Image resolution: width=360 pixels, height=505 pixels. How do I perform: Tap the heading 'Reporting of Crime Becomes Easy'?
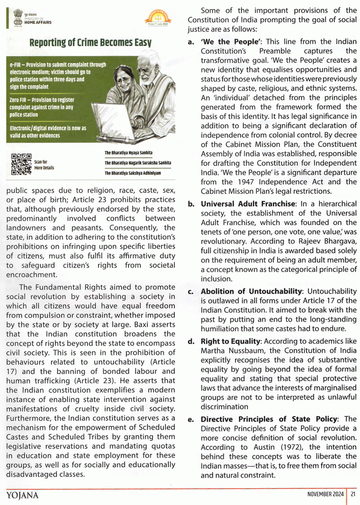(x=90, y=43)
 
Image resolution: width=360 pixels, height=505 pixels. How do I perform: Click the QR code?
(x=21, y=164)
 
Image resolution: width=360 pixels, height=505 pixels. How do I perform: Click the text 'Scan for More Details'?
(x=44, y=165)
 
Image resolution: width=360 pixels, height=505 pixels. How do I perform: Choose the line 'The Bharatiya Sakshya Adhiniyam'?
(x=133, y=173)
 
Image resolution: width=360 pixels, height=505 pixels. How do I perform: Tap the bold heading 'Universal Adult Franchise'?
(x=248, y=204)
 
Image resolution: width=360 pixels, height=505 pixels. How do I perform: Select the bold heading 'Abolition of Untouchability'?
(x=251, y=291)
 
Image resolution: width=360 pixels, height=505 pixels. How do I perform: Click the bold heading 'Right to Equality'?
(x=231, y=341)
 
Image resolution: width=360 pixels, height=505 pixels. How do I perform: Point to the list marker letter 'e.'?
(x=191, y=419)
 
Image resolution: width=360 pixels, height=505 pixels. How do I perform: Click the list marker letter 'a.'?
(x=191, y=42)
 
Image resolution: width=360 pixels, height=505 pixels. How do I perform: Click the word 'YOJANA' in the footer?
(x=22, y=495)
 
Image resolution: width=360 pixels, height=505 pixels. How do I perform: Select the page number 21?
(x=353, y=494)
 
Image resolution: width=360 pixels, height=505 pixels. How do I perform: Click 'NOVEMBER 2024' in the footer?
(x=325, y=494)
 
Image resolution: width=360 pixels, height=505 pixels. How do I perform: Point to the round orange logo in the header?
(x=158, y=17)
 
